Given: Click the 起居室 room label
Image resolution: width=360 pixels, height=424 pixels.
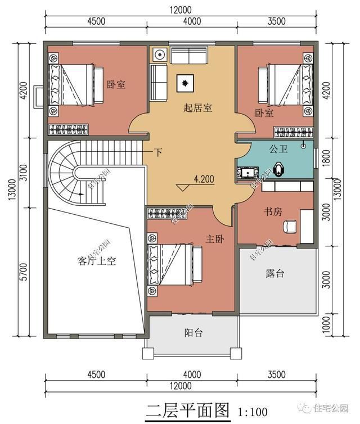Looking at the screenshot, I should tap(197, 108).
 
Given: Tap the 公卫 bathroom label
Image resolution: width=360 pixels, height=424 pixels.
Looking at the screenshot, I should tap(278, 150).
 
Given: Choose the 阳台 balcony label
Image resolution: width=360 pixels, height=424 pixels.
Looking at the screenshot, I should tap(193, 332).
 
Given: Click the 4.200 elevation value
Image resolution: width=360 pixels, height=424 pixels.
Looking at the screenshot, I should tap(203, 180).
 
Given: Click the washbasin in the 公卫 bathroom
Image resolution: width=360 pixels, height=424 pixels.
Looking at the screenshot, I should tap(248, 171).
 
